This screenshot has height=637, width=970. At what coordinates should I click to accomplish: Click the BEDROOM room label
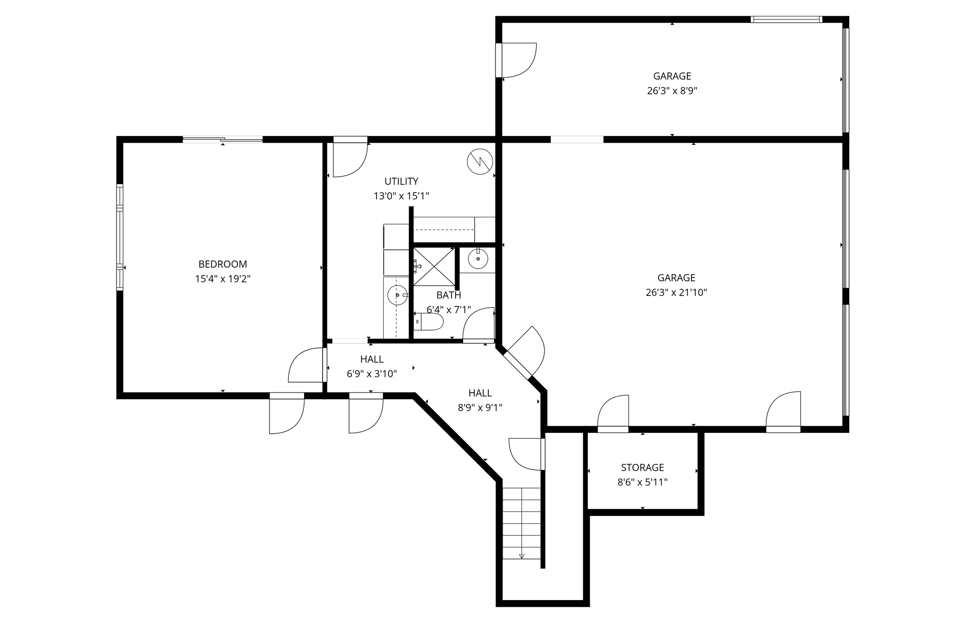coord(223,264)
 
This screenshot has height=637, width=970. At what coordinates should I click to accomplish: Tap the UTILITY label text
coord(401,181)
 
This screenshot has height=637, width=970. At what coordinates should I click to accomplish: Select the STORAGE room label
coord(642,468)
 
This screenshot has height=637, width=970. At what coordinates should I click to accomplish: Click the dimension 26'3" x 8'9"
coord(672,91)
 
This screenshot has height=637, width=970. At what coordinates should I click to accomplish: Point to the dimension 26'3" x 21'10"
coord(676,293)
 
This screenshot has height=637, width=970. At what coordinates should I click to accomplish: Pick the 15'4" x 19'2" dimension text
coord(223,279)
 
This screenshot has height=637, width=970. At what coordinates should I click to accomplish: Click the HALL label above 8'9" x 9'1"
coord(480,393)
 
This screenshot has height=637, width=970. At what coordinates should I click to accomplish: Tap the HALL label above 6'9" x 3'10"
coord(372,359)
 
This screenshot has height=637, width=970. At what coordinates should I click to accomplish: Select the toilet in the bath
coord(429,322)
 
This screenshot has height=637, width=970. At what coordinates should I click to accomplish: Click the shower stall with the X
coord(434,266)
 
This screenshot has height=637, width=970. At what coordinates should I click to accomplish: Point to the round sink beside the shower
coord(478,259)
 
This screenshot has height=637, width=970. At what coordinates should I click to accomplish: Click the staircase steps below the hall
coord(521,523)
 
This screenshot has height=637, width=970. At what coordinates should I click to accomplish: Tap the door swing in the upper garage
coord(519,60)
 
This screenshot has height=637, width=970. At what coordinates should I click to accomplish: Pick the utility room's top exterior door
coord(350,157)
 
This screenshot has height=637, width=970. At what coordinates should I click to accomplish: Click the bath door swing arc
coord(479,324)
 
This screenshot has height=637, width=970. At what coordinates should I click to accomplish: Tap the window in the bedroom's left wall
coord(120,237)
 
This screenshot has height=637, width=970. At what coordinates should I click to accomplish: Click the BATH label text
coord(449,296)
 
